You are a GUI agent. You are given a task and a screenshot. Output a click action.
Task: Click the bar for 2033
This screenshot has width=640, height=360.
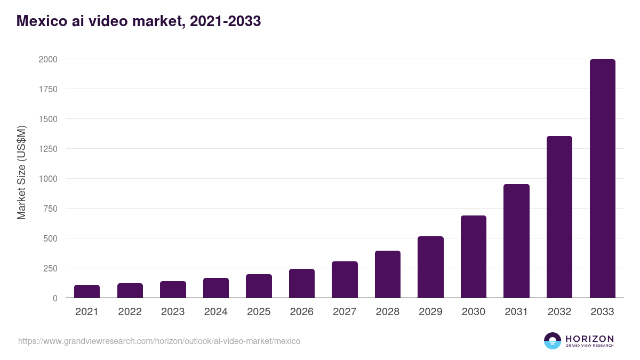tap(602, 179)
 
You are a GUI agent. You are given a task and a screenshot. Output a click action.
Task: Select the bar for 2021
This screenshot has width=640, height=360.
tap(87, 291)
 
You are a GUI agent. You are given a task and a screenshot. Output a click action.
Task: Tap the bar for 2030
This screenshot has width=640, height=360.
tap(474, 257)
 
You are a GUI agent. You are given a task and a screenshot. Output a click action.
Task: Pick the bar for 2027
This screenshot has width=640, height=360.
tap(345, 279)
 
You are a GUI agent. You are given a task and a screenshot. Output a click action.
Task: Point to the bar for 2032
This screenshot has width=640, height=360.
tap(559, 217)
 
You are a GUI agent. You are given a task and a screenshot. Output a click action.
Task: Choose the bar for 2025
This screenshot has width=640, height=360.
tap(259, 286)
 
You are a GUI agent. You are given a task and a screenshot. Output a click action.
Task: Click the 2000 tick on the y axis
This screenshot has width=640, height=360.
tap(47, 59)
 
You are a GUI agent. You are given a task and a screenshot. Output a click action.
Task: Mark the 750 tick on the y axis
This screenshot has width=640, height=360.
tap(50, 209)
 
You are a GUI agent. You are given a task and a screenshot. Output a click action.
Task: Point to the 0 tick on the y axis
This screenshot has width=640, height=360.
tap(54, 298)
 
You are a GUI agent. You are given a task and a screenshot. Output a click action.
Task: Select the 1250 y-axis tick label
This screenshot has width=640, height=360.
tap(47, 149)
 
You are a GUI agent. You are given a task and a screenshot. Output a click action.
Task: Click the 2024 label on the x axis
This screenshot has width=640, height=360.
tap(216, 312)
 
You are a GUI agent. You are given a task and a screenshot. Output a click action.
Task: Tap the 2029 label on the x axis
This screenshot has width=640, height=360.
tap(430, 312)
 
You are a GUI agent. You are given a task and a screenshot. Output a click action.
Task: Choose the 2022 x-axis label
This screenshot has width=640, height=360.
tap(130, 312)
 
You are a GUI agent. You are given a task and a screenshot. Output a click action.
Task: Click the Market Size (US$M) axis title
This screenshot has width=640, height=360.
tap(21, 172)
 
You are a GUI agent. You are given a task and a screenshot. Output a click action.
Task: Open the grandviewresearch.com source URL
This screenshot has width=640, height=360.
tap(159, 341)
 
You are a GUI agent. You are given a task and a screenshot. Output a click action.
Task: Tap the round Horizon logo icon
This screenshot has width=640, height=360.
tap(553, 341)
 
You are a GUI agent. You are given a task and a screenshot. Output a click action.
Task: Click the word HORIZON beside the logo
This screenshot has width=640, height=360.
tap(589, 339)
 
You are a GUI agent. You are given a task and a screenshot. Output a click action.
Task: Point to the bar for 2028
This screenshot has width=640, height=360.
tap(388, 274)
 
